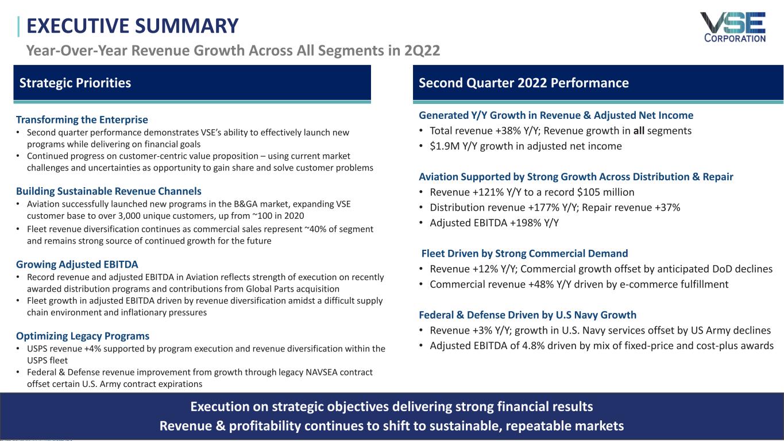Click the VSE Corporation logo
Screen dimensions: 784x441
[x=734, y=28]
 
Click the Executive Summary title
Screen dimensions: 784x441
[x=132, y=26]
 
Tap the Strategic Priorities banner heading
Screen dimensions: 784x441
[x=75, y=83]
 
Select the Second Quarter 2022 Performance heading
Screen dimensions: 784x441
[x=524, y=83]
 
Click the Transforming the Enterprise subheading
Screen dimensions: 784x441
[x=82, y=119]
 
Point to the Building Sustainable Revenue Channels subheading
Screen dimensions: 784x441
[x=109, y=191]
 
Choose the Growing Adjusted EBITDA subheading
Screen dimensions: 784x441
[x=77, y=264]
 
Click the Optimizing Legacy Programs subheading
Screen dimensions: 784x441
[x=83, y=336]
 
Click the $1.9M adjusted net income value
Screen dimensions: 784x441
[x=445, y=146]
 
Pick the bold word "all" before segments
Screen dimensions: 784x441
[x=639, y=131]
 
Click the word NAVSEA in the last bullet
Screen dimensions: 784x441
[x=321, y=372]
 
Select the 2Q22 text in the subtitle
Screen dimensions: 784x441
[x=422, y=51]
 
